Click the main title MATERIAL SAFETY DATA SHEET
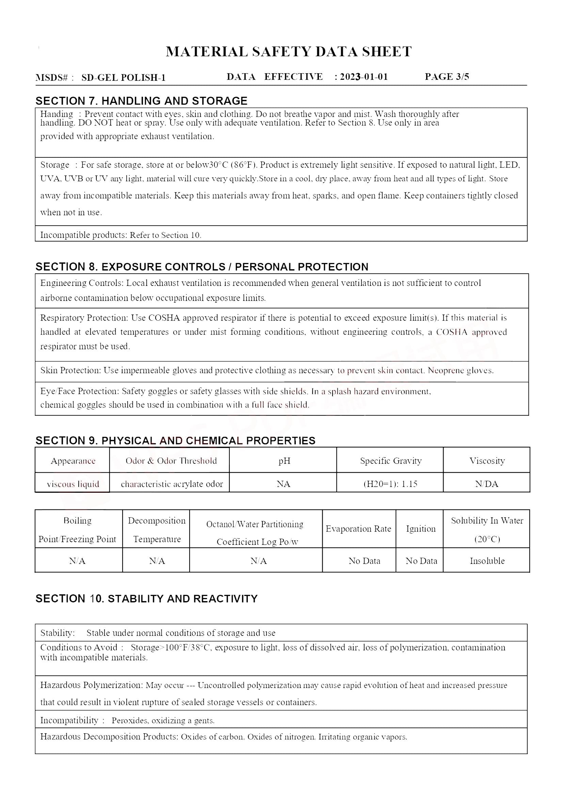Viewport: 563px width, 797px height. (x=288, y=52)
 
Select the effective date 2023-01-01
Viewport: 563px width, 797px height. (x=364, y=77)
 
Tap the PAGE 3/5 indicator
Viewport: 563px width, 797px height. (x=447, y=77)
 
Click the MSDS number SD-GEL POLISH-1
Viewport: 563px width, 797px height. (x=124, y=78)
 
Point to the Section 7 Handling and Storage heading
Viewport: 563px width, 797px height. (x=142, y=101)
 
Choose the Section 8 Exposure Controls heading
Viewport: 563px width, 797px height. (x=202, y=266)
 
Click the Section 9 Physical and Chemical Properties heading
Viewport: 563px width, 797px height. (x=175, y=441)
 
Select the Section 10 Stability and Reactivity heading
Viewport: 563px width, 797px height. (x=146, y=599)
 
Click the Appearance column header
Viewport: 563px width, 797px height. (x=73, y=461)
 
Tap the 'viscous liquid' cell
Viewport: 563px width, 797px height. (x=73, y=484)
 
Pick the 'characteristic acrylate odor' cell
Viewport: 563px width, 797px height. (x=172, y=484)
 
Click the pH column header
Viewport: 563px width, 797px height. (x=284, y=461)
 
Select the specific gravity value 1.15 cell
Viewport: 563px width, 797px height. (x=390, y=484)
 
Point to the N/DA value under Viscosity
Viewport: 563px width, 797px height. (x=487, y=484)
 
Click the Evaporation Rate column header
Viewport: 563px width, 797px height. (x=358, y=529)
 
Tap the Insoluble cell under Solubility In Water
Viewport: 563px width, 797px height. (x=487, y=561)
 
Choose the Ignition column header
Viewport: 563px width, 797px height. (x=421, y=529)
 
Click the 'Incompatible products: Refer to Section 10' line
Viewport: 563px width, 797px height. (x=120, y=235)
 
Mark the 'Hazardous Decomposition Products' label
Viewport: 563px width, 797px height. (x=109, y=737)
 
